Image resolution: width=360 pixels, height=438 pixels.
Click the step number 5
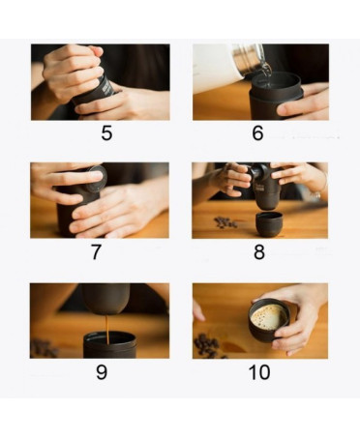pyautogui.click(x=106, y=133)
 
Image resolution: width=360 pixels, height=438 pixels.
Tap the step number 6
pyautogui.click(x=257, y=133)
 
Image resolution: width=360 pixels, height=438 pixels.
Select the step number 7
pyautogui.click(x=96, y=252)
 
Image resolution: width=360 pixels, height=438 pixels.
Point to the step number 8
pyautogui.click(x=259, y=252)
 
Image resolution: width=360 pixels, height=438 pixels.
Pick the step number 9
pyautogui.click(x=102, y=372)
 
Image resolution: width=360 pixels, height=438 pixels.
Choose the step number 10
pyautogui.click(x=259, y=372)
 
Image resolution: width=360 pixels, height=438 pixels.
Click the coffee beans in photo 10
pyautogui.click(x=206, y=344)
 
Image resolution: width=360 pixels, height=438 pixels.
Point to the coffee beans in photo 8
pyautogui.click(x=225, y=222)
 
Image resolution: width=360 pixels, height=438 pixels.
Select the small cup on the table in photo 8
pyautogui.click(x=267, y=224)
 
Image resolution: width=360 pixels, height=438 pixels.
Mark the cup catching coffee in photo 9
pyautogui.click(x=109, y=345)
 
